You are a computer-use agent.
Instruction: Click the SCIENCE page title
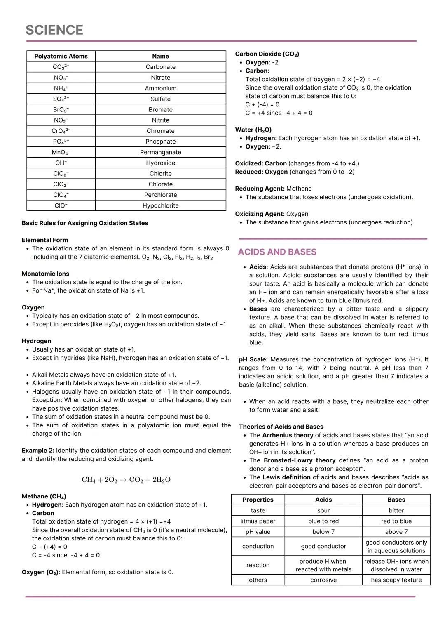tap(54, 30)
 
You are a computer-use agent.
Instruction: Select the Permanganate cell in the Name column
tap(160, 152)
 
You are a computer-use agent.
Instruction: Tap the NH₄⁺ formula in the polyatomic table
tap(61, 88)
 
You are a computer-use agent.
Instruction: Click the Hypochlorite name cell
tap(160, 205)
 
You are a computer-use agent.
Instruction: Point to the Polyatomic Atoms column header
tap(61, 56)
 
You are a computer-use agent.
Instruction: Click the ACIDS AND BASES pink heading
tap(277, 252)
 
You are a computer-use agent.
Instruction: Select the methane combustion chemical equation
tap(126, 479)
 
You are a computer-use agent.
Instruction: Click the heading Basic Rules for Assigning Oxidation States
tap(85, 223)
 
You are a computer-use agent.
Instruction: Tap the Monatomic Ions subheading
tap(45, 274)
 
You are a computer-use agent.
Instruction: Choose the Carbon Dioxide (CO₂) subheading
tap(267, 54)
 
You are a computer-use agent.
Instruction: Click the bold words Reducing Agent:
tap(260, 189)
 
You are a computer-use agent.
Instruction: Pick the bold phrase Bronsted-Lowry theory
tap(299, 460)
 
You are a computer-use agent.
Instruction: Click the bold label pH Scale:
tap(253, 359)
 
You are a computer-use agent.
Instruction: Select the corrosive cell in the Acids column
tap(323, 580)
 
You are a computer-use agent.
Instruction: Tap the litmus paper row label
tap(258, 521)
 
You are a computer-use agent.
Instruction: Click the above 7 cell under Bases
tap(396, 532)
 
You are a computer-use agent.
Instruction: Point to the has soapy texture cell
tap(396, 580)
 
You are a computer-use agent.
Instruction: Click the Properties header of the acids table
tap(258, 500)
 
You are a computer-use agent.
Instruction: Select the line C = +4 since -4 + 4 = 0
tap(279, 113)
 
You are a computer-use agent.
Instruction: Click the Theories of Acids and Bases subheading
tap(281, 427)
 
